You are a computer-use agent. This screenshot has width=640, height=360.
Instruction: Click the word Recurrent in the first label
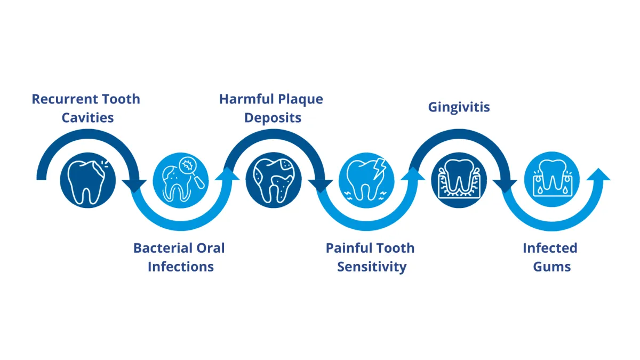click(65, 99)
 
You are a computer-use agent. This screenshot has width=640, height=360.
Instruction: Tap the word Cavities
click(87, 118)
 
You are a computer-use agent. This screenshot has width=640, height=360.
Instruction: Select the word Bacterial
click(159, 248)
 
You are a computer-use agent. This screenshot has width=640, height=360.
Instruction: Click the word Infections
click(181, 267)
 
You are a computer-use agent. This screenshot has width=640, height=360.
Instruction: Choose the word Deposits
click(273, 118)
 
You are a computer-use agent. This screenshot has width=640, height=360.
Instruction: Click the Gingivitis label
click(459, 107)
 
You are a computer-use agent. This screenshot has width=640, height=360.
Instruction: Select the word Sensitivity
click(372, 267)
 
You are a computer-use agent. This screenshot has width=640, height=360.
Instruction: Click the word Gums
click(551, 267)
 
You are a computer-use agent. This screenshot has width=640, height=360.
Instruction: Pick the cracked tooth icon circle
click(87, 180)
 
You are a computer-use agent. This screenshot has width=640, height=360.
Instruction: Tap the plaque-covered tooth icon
click(274, 180)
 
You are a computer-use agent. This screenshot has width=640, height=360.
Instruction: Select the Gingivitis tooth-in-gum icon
click(459, 180)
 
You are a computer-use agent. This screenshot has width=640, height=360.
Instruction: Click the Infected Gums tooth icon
click(551, 179)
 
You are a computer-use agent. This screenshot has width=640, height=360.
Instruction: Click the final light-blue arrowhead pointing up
click(598, 175)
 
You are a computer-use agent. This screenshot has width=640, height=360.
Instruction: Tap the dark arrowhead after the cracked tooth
click(134, 186)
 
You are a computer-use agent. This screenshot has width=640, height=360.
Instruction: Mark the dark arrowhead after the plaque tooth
click(321, 186)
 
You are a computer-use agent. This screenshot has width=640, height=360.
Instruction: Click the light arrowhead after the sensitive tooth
click(413, 174)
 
